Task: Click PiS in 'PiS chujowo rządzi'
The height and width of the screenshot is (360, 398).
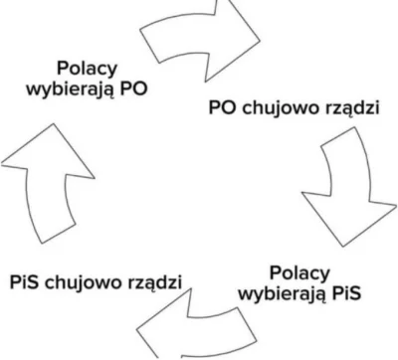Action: coord(25,282)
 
